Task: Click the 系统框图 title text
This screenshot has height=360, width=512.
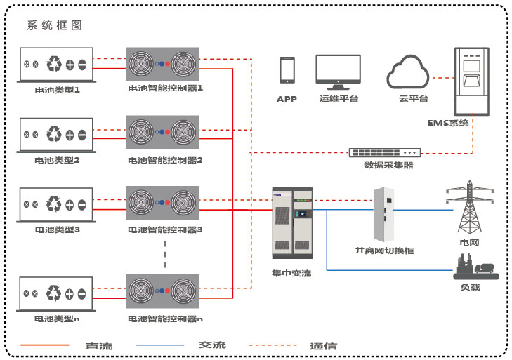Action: [55, 26]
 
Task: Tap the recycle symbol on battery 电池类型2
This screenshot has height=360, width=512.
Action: [54, 133]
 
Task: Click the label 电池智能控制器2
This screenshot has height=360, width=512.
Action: [165, 160]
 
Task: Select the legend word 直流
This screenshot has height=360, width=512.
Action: [98, 346]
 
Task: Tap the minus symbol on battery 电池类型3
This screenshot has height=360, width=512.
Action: [81, 204]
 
